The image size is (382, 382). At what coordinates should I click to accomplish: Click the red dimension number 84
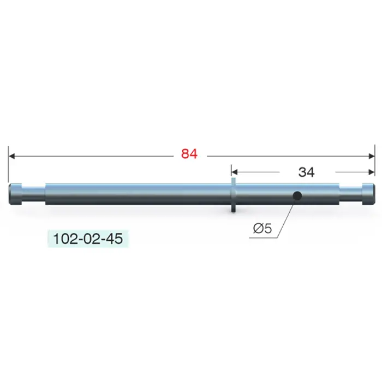(189, 154)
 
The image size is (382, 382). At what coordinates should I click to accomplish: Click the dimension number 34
(306, 172)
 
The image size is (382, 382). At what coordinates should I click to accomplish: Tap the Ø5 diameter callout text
(262, 228)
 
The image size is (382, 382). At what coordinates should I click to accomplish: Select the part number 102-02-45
(88, 238)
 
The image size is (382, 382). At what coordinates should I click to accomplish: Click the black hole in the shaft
(297, 195)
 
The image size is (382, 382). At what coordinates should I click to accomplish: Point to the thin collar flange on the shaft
(233, 195)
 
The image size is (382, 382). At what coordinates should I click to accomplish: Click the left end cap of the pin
(15, 194)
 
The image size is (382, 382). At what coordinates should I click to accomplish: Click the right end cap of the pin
(368, 194)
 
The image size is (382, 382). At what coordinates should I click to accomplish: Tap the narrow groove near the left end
(34, 194)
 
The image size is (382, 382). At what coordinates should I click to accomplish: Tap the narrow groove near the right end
(350, 194)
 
